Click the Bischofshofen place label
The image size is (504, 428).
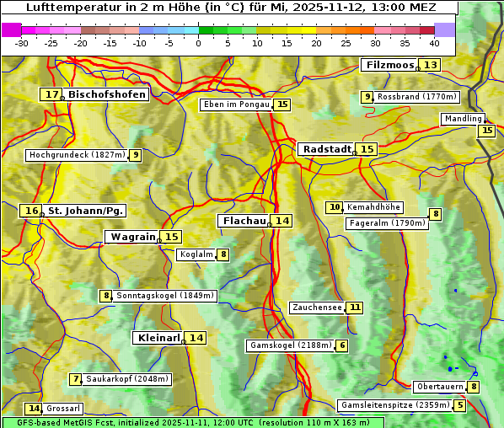(107, 95)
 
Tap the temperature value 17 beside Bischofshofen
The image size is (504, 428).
(52, 95)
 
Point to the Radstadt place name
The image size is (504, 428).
(327, 149)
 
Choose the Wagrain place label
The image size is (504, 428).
(133, 237)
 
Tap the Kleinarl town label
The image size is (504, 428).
(158, 338)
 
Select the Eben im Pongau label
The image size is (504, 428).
(236, 104)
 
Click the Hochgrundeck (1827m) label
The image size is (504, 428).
(76, 155)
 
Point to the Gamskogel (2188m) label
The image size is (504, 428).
(290, 345)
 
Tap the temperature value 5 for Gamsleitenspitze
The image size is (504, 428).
(459, 405)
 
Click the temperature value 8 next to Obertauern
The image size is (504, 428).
(474, 387)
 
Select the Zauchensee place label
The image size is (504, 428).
(317, 308)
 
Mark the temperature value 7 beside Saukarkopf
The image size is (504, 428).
(76, 379)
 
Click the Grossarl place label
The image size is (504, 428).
(63, 409)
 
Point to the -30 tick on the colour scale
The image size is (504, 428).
(22, 42)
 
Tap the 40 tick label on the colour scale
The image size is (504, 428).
(434, 42)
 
